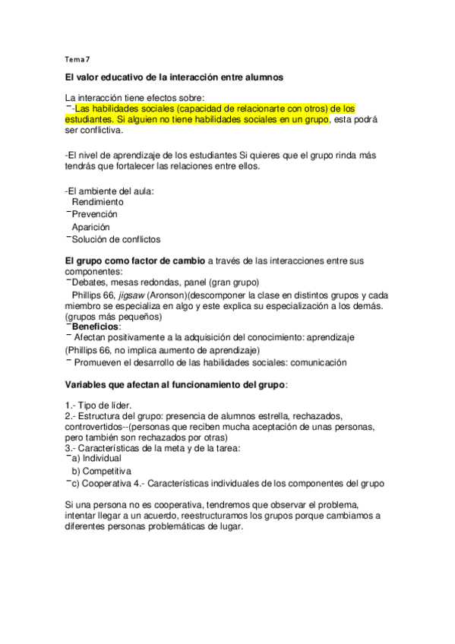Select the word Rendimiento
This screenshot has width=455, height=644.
[98, 202]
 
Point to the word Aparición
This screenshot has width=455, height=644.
[91, 227]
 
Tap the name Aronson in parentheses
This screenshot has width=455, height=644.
[169, 295]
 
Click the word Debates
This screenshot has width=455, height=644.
[89, 282]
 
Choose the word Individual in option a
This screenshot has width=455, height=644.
[103, 459]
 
